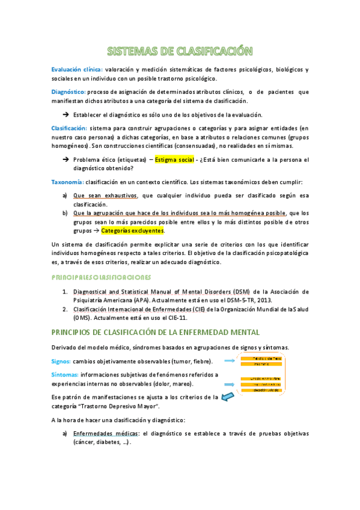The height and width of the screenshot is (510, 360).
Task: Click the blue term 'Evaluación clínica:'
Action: coord(76,70)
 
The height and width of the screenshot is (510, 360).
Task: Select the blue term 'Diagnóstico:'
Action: coord(68,92)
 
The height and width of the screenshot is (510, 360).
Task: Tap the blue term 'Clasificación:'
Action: coord(69,128)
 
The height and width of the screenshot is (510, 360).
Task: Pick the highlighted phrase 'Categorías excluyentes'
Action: coord(132,230)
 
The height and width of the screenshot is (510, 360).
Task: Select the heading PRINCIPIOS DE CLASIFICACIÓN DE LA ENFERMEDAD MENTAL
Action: coord(156,332)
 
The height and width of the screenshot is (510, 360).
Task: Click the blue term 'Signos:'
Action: coord(61,361)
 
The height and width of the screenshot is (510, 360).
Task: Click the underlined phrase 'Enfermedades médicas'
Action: coord(105,433)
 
